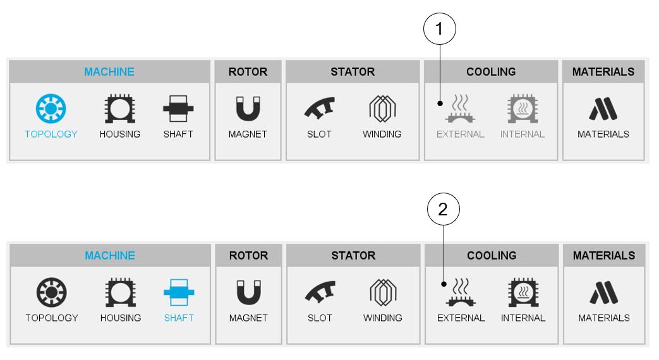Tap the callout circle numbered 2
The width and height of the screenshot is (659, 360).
point(442,211)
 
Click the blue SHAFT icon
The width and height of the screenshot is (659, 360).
point(178,292)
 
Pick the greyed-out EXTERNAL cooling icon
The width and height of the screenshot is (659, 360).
point(460,109)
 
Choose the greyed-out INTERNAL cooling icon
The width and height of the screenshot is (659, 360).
point(523,109)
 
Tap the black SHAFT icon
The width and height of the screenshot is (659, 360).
point(178,109)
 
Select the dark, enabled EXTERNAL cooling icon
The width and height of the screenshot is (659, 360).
point(461,292)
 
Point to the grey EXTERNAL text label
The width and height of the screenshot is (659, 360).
point(460,134)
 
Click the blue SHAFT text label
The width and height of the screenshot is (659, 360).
point(179,318)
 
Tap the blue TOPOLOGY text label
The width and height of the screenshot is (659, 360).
point(51,134)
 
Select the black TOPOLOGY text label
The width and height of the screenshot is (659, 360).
point(51,318)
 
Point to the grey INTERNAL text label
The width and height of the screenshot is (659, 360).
point(523,134)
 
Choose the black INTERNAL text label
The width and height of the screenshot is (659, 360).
point(523,318)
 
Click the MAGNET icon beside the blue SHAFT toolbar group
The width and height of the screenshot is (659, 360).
point(248,292)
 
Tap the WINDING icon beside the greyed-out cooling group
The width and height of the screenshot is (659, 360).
point(382,109)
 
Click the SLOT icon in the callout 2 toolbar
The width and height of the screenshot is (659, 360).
point(319,292)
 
